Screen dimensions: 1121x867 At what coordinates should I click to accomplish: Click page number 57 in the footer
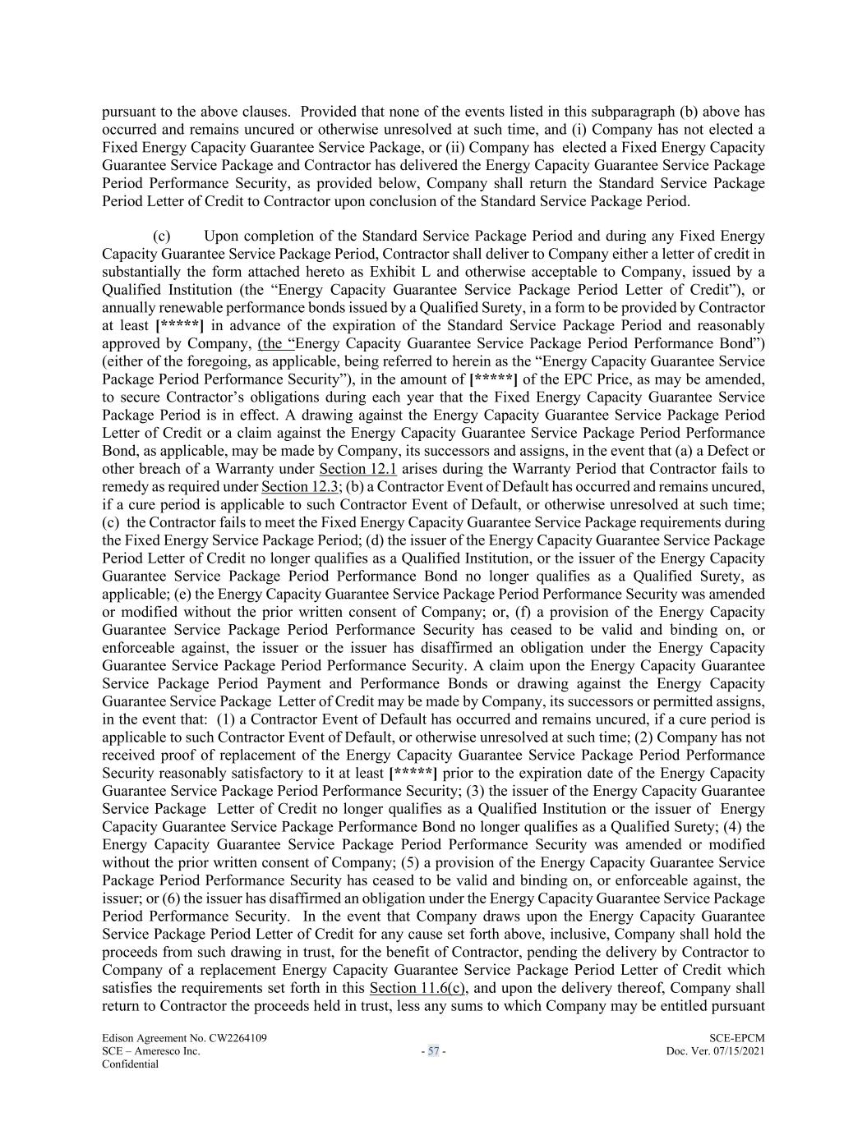(x=433, y=1051)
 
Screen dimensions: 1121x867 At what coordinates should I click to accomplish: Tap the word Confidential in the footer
(x=130, y=1064)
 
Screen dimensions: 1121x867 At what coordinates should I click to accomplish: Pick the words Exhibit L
(x=395, y=272)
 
